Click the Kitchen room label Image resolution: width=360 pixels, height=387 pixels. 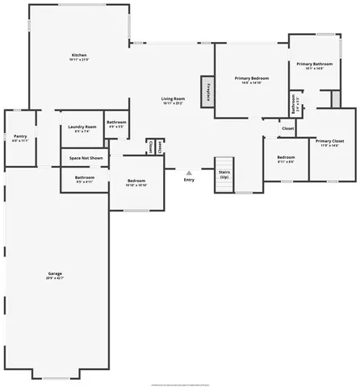78,57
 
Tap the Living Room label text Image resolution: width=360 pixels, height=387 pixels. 172,100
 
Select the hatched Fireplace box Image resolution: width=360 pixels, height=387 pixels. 208,91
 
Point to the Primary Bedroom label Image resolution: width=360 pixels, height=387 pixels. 251,80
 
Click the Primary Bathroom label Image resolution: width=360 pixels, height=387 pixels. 314,66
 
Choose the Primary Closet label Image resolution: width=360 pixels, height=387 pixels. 327,142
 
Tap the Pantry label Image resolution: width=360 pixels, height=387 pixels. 20,139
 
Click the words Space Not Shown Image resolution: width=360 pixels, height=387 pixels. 86,158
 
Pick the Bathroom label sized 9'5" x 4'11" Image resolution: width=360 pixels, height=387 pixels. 85,178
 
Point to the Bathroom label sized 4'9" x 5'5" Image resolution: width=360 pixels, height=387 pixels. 115,124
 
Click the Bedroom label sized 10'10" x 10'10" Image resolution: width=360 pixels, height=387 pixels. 136,183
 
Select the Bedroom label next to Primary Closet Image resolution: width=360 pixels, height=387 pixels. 285,159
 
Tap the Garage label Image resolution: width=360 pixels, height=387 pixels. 54,276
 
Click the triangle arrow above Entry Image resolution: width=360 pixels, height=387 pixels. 189,172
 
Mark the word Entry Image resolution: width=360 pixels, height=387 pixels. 189,180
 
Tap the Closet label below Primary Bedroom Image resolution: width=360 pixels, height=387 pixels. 287,128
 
